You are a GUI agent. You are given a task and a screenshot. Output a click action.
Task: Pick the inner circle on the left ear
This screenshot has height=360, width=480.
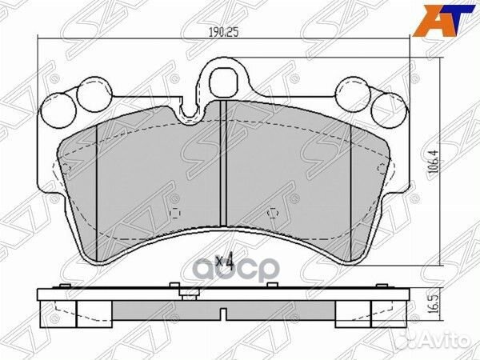(x=86, y=97)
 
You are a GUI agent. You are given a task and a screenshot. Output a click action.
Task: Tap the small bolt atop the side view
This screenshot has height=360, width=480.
(x=190, y=298)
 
